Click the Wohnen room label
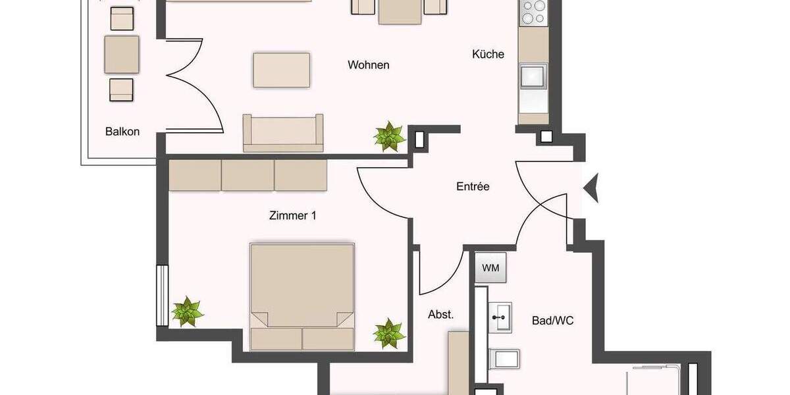pos(368,65)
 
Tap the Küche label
pos(488,55)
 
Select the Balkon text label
pos(122,132)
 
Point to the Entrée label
pos(473,187)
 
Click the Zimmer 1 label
pos(292,215)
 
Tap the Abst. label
pos(440,315)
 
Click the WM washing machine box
pos(490,268)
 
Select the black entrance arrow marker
pos(591,188)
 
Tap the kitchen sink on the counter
pos(533,76)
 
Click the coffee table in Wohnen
pos(282,70)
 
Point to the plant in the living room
pos(389,137)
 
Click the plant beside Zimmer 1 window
pos(188,312)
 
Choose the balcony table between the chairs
pos(122,54)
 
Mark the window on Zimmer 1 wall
pos(161,295)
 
